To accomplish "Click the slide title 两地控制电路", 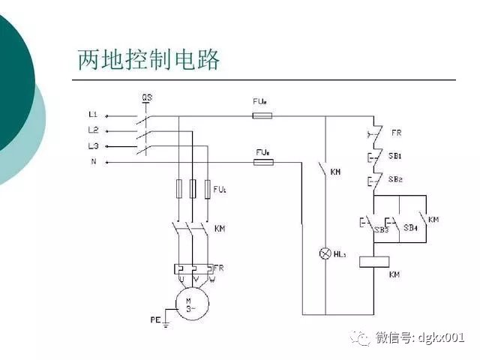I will click(149, 59).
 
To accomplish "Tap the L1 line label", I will click(93, 115).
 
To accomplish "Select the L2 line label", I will click(93, 130).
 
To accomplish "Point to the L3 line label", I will click(93, 145).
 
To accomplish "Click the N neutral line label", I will click(94, 161).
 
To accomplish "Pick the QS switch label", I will click(148, 97).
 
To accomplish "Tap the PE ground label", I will click(156, 319).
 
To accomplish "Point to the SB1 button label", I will click(397, 156).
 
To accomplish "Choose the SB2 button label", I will click(397, 179).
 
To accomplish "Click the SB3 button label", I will click(382, 228).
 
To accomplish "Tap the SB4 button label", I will click(409, 227).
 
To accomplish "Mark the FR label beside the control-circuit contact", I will click(397, 133).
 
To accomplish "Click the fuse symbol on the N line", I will click(262, 161).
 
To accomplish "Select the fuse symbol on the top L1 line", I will click(262, 115).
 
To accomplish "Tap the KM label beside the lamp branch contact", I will click(336, 172).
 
